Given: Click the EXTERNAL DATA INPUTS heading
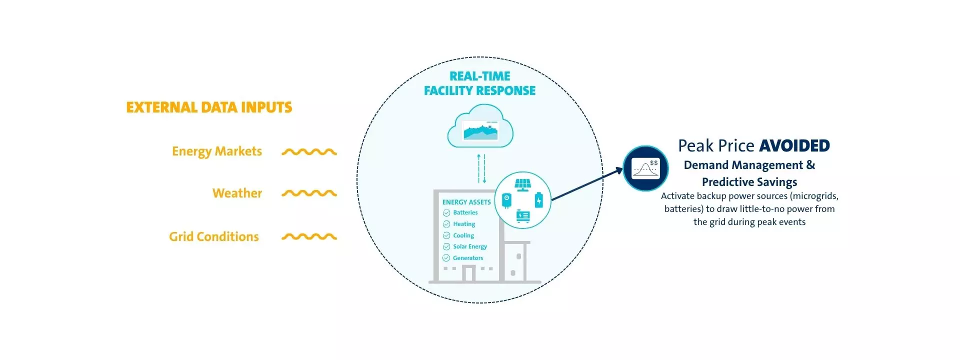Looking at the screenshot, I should click(x=209, y=107).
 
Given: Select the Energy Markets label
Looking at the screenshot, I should click(x=217, y=151).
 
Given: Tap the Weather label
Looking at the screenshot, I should click(x=237, y=193).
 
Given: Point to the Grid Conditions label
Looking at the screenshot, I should click(x=214, y=236).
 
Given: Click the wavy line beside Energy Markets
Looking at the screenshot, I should click(x=309, y=152).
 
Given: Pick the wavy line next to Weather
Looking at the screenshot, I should click(x=309, y=193).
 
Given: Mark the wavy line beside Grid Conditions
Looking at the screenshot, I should click(x=309, y=236).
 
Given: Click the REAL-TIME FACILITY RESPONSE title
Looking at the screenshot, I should click(x=479, y=83).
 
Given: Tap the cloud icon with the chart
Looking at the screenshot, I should click(x=480, y=127).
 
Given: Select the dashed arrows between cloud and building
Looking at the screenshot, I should click(x=481, y=168).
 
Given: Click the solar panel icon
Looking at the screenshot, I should click(x=523, y=184).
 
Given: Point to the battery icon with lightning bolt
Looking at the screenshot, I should click(x=538, y=200).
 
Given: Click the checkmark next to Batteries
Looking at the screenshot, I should click(x=446, y=213).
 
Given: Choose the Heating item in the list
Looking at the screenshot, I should click(x=464, y=224).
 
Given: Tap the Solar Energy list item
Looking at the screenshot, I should click(x=469, y=246).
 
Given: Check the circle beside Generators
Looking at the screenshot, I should click(x=446, y=258).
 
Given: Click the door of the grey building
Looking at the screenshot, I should click(x=468, y=273).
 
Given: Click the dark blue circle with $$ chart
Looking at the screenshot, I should click(x=645, y=168).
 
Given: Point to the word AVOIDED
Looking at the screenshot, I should click(x=794, y=146).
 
